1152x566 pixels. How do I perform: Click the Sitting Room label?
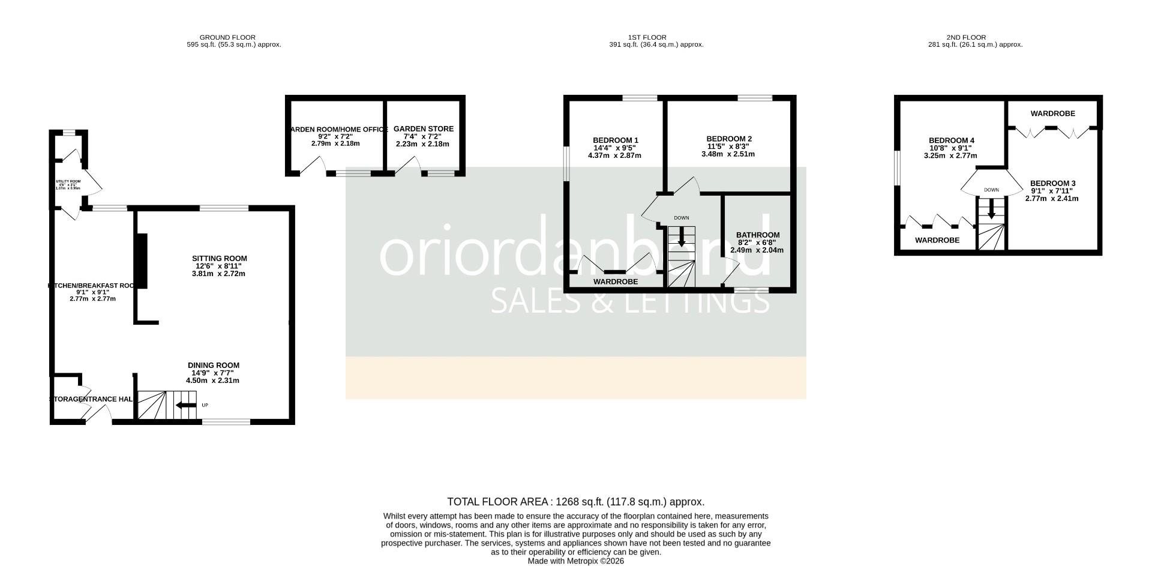click(216, 259)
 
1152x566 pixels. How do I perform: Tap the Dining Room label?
click(213, 366)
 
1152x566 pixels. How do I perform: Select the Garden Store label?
click(423, 129)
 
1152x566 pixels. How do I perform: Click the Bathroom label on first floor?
click(758, 235)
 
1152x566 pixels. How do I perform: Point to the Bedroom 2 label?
click(728, 139)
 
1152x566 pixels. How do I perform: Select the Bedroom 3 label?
click(1052, 184)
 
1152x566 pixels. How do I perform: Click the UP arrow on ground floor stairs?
click(185, 405)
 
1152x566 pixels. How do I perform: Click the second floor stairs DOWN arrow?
click(991, 208)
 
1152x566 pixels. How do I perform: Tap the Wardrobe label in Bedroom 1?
click(616, 281)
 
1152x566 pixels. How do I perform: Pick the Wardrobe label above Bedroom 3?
click(1052, 113)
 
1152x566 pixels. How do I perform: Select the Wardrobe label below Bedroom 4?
click(937, 240)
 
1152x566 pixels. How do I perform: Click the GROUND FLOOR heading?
click(227, 37)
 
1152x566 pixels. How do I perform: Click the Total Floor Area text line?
click(575, 502)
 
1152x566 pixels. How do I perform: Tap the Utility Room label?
click(68, 181)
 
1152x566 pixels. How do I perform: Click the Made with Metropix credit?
click(575, 561)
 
